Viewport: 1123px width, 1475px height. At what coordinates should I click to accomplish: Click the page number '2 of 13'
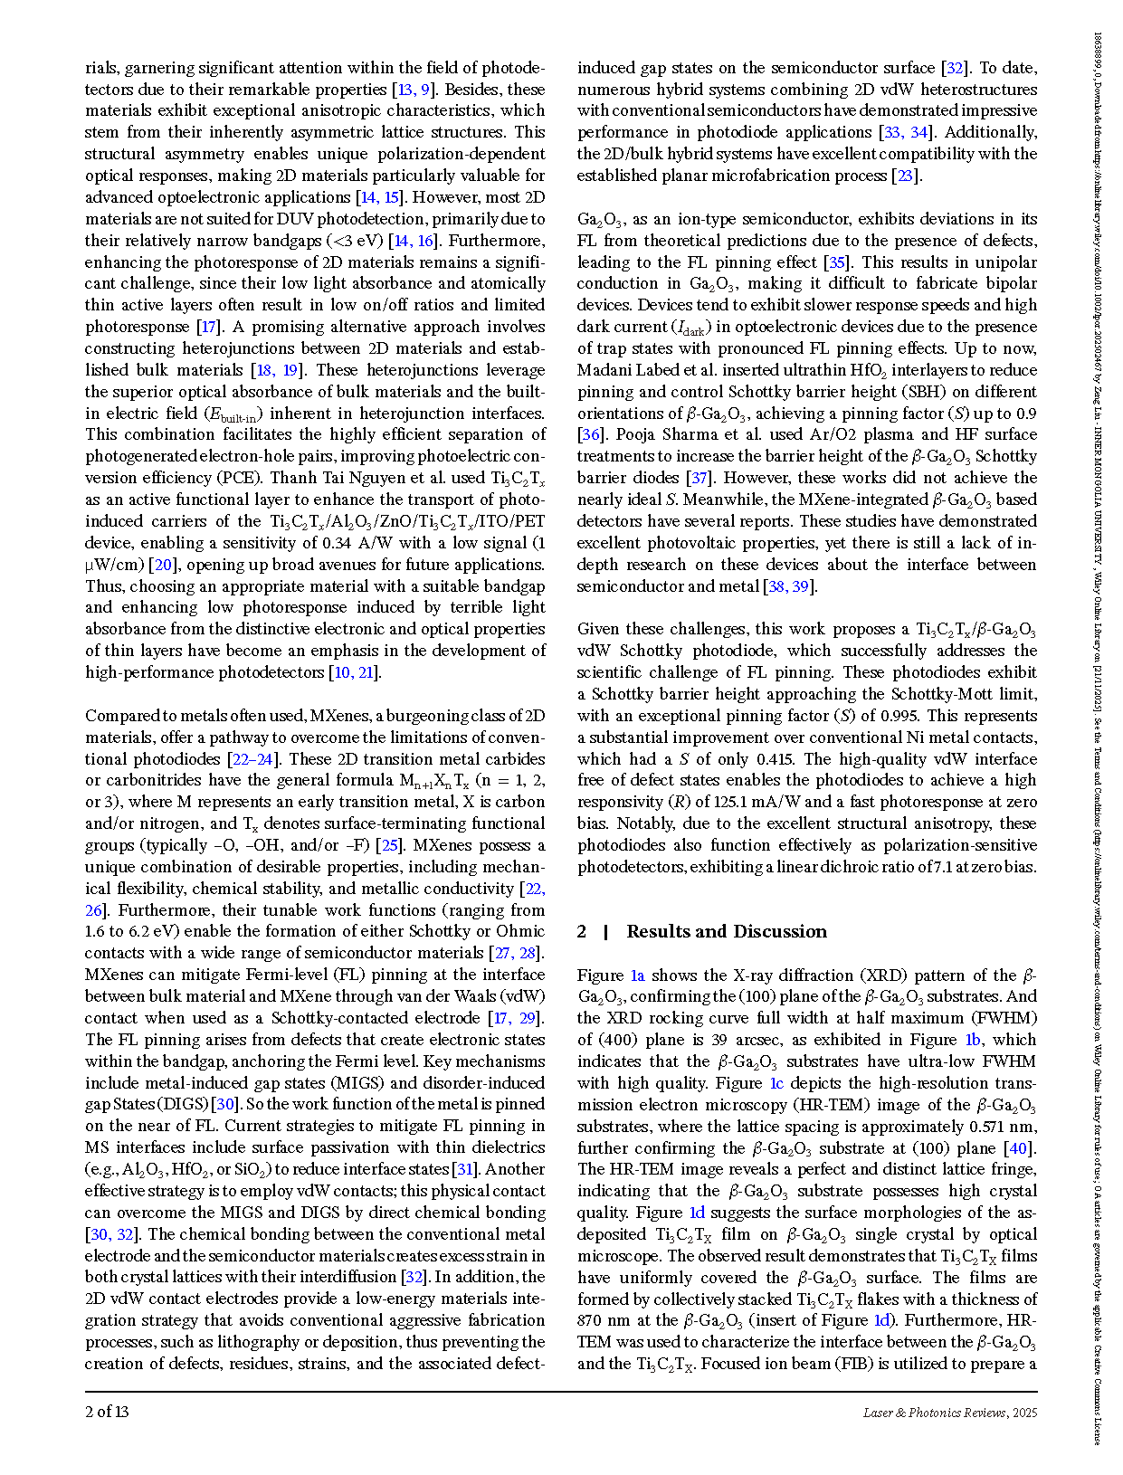pos(107,1412)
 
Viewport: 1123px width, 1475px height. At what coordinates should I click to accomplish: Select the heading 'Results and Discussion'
pos(726,932)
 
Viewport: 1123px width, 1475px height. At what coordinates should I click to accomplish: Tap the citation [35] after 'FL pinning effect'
pos(837,262)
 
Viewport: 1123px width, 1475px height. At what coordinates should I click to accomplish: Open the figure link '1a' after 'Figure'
pos(637,975)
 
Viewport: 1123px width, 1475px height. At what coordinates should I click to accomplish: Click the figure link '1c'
pos(776,1083)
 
